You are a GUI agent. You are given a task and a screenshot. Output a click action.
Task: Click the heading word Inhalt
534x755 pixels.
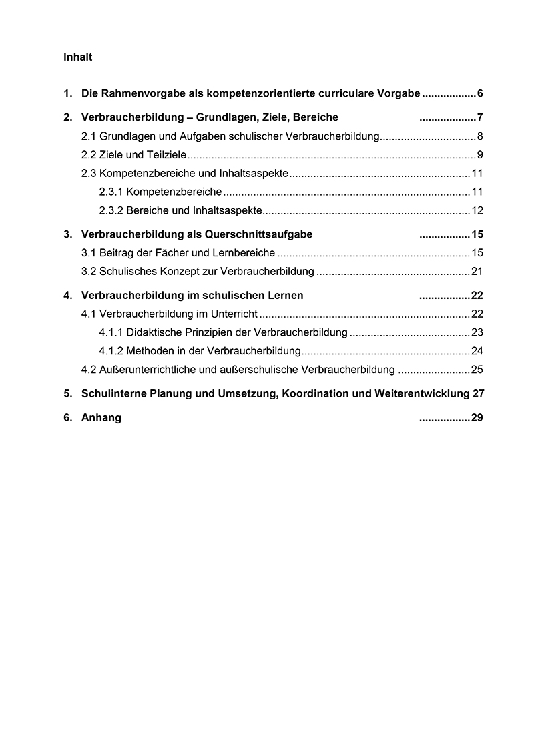[77, 57]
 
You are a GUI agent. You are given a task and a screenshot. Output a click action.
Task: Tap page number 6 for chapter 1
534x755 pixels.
[480, 93]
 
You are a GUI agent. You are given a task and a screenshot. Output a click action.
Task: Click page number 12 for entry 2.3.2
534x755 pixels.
[477, 211]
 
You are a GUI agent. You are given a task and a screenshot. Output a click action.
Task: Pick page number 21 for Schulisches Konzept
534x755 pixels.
[477, 271]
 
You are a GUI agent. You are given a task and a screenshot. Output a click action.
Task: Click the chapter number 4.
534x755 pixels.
[67, 295]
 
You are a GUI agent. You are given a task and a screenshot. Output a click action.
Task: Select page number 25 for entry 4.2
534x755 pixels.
[477, 369]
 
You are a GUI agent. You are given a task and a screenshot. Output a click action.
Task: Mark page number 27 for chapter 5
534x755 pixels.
[478, 393]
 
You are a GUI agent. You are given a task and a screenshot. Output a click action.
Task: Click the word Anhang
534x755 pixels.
[101, 418]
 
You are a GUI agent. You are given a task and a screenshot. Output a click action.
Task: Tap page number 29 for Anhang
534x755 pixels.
[477, 418]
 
